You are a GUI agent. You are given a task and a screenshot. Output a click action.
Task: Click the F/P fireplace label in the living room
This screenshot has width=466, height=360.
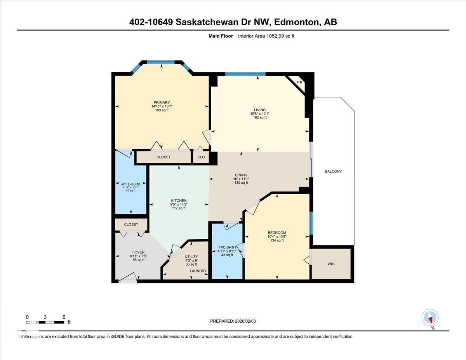pos(299,83)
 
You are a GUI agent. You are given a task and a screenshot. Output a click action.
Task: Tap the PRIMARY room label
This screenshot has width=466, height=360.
pos(162,103)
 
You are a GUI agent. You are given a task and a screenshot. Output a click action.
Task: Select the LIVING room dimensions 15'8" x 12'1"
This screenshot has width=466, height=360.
pos(260,114)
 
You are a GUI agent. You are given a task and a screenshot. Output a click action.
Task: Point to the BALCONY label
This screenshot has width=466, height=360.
pos(333,171)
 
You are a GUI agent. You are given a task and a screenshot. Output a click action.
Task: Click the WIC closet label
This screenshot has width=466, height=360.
pos(331,264)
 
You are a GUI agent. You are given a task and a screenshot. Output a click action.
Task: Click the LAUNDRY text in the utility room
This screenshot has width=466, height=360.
pos(198,271)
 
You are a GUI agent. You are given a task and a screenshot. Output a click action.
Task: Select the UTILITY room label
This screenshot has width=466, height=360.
pos(191,257)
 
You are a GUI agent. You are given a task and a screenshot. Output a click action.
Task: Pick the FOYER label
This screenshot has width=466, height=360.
pos(138,252)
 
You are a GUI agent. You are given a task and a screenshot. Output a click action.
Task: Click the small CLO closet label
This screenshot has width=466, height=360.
pos(201,157)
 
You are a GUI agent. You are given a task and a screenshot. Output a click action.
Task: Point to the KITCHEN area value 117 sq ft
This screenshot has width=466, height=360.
pos(179,209)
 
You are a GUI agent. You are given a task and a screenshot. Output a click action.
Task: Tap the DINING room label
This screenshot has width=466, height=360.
pos(241,175)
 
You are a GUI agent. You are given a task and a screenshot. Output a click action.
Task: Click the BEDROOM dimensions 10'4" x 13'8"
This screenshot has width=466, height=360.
pos(277,237)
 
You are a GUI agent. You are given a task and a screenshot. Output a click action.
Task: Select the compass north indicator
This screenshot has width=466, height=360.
pos(430,318)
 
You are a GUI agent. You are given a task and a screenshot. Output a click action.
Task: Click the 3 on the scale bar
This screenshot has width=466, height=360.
pos(45,317)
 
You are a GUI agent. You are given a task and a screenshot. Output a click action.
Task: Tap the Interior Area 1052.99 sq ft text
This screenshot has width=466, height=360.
pos(269,36)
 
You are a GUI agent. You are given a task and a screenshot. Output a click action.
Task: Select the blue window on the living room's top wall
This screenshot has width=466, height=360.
pos(245,74)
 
